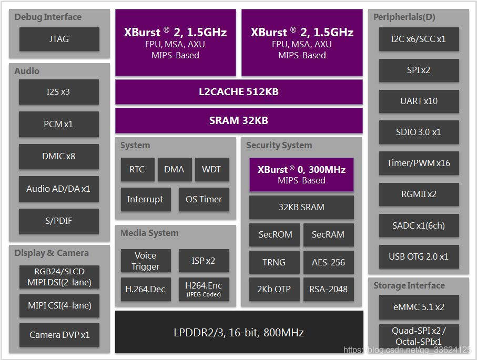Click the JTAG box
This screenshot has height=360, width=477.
tap(59, 39)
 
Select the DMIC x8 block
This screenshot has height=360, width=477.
tap(59, 156)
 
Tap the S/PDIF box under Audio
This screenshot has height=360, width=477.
tap(59, 221)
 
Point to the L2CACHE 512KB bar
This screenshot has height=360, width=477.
tap(239, 92)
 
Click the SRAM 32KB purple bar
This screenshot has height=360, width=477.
tap(239, 120)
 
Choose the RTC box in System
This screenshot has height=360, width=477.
tap(137, 169)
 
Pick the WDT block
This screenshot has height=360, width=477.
tap(211, 169)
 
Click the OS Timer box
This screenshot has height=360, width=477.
tap(204, 199)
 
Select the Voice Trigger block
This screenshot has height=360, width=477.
tap(146, 261)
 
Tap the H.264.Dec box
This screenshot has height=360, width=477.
tap(146, 289)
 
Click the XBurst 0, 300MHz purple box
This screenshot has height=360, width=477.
tap(301, 174)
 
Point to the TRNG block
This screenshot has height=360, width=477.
tap(274, 262)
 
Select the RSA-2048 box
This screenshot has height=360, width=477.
tap(328, 289)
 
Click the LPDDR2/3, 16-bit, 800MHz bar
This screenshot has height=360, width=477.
tap(239, 332)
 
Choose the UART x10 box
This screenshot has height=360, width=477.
tap(419, 101)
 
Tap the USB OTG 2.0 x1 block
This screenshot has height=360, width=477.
tap(419, 256)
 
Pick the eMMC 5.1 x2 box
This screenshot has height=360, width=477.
tap(419, 306)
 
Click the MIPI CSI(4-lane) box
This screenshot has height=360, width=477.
tap(59, 305)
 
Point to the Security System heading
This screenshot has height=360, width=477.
tap(279, 145)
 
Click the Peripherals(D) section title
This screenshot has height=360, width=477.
tap(404, 17)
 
